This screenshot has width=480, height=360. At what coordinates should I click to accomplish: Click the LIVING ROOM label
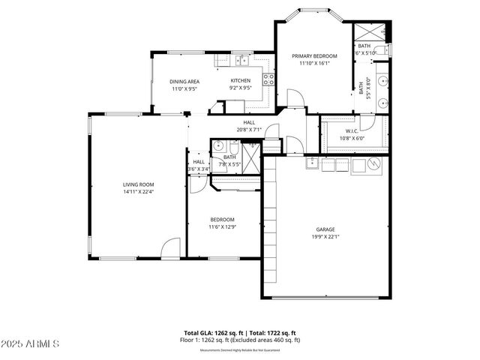tap(139, 184)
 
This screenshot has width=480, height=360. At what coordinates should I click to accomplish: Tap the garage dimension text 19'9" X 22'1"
tap(325, 237)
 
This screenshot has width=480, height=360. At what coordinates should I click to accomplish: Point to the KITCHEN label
tap(240, 80)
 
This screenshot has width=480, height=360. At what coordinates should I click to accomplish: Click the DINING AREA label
tap(184, 81)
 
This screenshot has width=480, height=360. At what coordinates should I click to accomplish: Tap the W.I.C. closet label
tap(352, 130)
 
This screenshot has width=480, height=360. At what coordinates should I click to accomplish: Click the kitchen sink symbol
tap(242, 61)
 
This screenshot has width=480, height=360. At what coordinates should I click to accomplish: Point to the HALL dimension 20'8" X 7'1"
tap(249, 130)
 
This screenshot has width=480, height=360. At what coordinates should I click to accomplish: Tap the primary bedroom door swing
tap(295, 97)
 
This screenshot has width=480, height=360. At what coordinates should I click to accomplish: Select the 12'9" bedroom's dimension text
tap(227, 226)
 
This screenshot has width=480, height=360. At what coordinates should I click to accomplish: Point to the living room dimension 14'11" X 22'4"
tap(139, 192)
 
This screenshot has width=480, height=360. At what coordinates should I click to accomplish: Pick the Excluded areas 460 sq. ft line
tap(240, 340)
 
